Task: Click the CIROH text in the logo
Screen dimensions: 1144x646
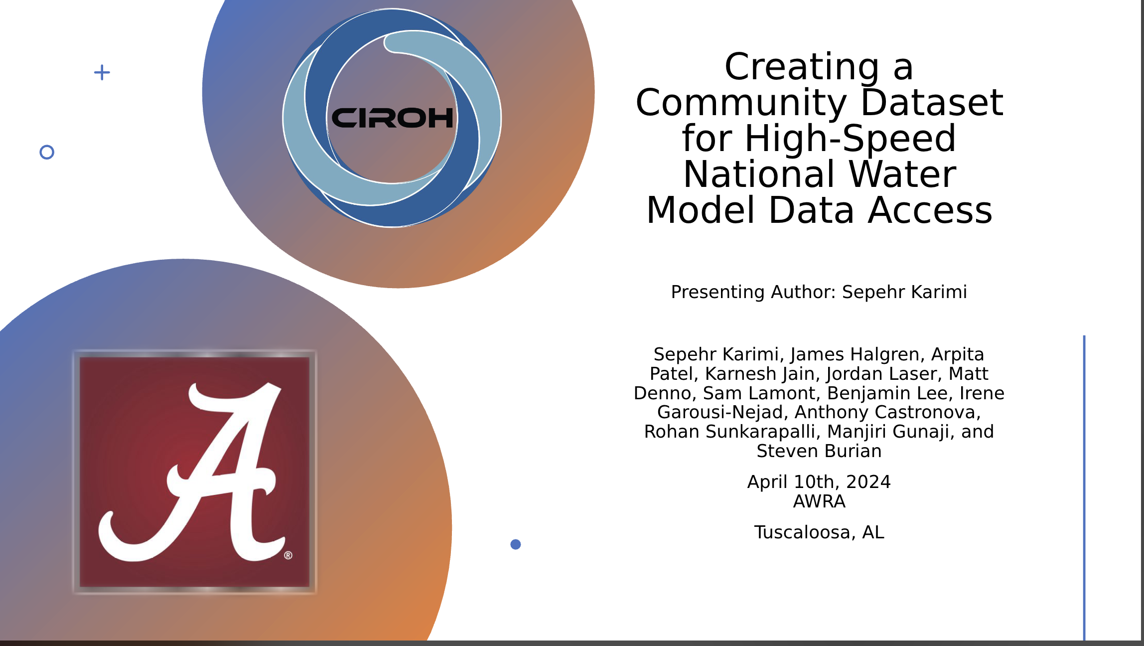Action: (x=393, y=118)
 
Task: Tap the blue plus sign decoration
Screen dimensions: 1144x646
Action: (x=102, y=72)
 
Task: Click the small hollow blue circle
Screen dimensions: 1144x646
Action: (x=47, y=152)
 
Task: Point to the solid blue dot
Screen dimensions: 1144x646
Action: (x=516, y=544)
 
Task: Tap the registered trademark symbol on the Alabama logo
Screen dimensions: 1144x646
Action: (x=288, y=555)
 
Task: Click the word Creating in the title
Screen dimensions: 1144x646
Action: (x=802, y=67)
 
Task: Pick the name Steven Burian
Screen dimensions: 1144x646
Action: (x=819, y=451)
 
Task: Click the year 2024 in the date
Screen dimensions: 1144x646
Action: (x=868, y=482)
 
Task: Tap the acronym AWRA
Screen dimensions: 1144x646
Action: (x=819, y=501)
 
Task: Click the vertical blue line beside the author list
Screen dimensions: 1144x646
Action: (x=1084, y=488)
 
